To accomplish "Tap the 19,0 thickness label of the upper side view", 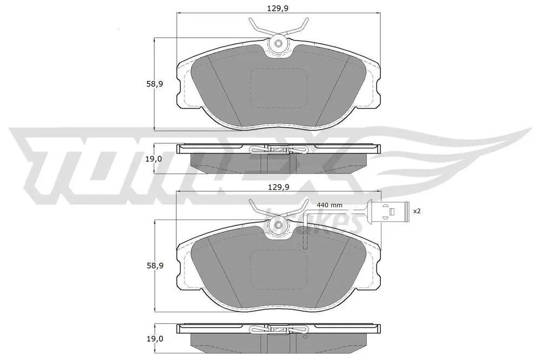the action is [x=154, y=159].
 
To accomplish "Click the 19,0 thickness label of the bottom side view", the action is [x=154, y=339].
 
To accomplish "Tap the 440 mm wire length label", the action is [x=329, y=205].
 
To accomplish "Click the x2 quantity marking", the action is [x=417, y=211].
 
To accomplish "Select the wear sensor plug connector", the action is [x=389, y=210].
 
